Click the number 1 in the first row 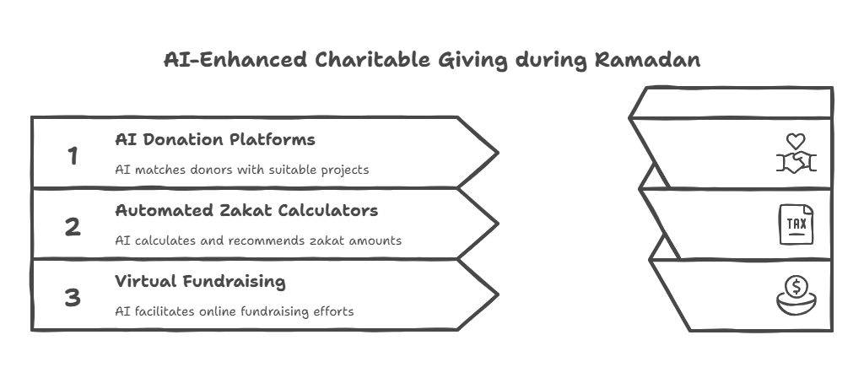click(73, 156)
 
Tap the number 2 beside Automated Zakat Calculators click(73, 227)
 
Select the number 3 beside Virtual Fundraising click(73, 298)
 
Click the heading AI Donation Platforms click(215, 139)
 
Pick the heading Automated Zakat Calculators click(246, 210)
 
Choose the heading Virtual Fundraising click(200, 282)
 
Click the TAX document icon click(796, 224)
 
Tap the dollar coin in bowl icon click(796, 295)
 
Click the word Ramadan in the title click(647, 60)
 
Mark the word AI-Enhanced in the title click(235, 60)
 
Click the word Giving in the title click(472, 61)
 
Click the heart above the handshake click(796, 141)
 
